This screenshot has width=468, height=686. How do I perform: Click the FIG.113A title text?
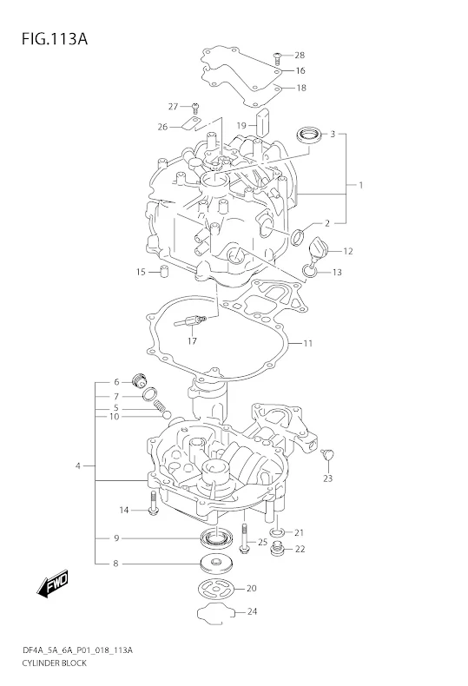click(x=54, y=39)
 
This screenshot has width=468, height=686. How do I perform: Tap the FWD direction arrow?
click(x=53, y=584)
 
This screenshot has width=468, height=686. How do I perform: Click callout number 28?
click(x=300, y=55)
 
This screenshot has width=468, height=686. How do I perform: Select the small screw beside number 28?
click(x=277, y=57)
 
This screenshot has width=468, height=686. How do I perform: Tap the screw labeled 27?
click(x=195, y=107)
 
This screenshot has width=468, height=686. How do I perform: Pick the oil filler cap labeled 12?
click(x=317, y=249)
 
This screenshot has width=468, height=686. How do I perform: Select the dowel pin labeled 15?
click(x=164, y=272)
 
